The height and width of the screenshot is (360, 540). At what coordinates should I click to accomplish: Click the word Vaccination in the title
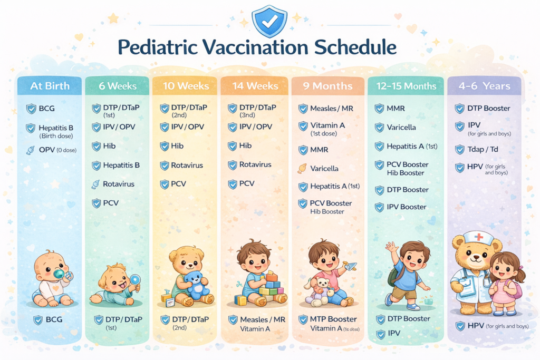pos(255,47)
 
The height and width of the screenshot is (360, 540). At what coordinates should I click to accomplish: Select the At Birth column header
pos(50,86)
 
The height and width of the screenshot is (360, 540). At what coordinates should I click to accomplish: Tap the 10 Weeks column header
pos(186,86)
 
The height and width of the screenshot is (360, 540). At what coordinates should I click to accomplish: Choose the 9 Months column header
pos(328,86)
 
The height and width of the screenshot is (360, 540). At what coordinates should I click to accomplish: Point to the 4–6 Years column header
pos(484,86)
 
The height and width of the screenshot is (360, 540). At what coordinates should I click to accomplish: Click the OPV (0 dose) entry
pos(57,150)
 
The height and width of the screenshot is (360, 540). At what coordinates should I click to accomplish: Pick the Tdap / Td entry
pos(483,149)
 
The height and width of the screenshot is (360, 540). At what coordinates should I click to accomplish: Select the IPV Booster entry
pos(407,207)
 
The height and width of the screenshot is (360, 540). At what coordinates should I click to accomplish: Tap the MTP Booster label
pos(333,319)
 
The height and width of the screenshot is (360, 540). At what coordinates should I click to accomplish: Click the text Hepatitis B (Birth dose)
pos(56,131)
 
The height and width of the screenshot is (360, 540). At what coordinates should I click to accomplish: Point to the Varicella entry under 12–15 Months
pos(401,128)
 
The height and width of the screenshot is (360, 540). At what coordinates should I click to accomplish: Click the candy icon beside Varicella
pos(302,168)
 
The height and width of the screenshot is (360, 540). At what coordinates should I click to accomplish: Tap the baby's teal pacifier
pos(59,274)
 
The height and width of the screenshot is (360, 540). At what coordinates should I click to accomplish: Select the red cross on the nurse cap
pos(479,237)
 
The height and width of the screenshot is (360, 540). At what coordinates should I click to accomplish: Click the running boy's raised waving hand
pos(391,247)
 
